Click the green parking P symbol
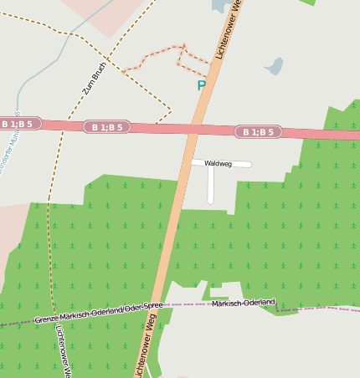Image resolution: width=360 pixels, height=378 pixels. (201, 85)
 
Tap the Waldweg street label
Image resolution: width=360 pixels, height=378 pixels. (218, 164)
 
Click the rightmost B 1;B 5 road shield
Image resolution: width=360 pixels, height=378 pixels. (258, 132)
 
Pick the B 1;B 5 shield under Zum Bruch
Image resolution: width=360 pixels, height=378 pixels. (107, 127)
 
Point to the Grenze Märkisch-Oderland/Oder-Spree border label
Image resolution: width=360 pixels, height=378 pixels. (99, 314)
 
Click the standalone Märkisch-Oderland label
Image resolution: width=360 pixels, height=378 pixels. (243, 303)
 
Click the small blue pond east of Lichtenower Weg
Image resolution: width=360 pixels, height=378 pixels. (274, 65)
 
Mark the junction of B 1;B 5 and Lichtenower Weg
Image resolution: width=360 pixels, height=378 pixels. (195, 130)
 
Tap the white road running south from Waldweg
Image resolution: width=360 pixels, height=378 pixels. (210, 186)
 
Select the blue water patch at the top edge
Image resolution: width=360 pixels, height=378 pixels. (220, 6)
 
